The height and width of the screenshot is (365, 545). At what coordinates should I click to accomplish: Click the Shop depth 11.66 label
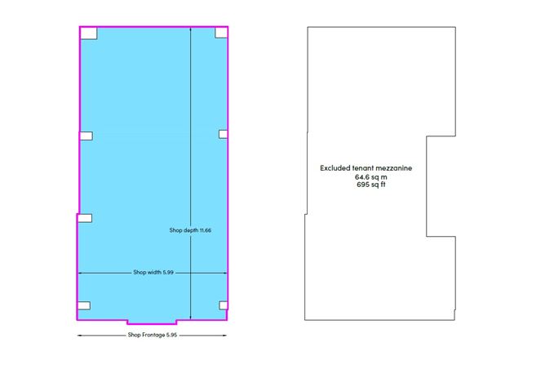tap(190, 230)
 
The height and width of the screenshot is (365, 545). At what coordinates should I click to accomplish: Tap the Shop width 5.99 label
tap(153, 272)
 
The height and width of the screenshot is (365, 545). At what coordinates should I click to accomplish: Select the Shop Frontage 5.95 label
tap(153, 335)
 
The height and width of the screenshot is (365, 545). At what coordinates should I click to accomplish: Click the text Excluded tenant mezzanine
tap(366, 168)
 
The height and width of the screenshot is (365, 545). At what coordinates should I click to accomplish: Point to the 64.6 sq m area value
tap(371, 176)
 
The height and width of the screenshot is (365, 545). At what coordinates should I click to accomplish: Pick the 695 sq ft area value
tap(371, 185)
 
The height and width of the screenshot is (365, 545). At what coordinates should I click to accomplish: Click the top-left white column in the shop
tap(89, 33)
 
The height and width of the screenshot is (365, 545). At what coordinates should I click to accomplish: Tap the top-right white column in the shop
tap(221, 33)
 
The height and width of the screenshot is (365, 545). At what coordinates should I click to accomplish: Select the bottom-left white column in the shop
tap(84, 305)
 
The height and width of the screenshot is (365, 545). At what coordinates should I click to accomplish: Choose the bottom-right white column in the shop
tap(224, 305)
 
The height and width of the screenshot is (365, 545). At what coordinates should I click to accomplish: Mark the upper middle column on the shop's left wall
tap(86, 136)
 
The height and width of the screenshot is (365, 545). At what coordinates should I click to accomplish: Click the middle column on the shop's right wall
tap(224, 134)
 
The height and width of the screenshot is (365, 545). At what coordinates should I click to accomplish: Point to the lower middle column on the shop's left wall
tap(85, 218)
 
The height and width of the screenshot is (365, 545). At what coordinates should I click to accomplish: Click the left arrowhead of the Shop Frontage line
tap(79, 336)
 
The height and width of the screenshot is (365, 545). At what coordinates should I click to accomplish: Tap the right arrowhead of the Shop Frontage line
tap(224, 336)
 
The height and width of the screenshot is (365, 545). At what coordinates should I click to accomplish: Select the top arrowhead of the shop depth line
tap(190, 30)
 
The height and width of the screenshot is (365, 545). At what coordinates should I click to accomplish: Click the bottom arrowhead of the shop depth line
tap(190, 317)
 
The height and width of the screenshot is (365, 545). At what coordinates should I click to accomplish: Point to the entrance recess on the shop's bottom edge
tap(152, 322)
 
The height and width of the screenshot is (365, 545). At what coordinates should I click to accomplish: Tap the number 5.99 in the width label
tap(168, 272)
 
